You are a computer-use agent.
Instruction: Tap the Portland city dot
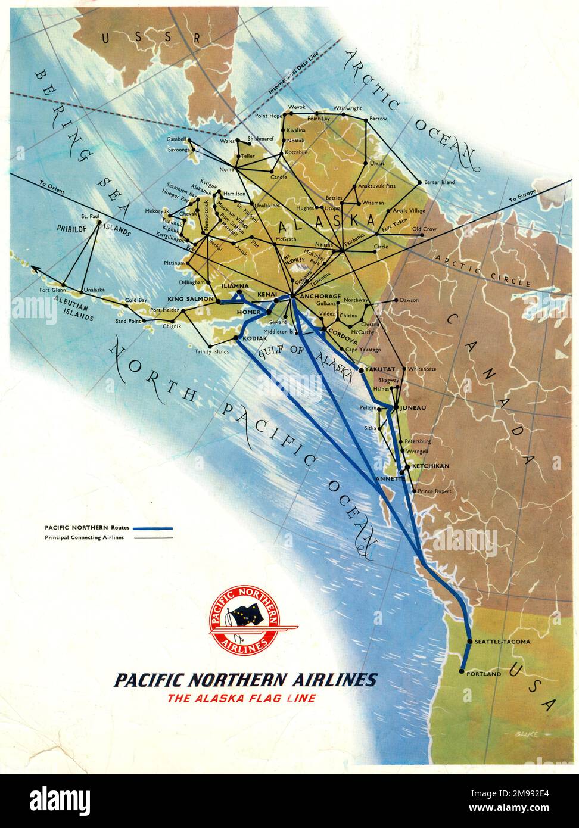point(462,671)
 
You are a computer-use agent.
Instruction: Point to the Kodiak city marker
point(238,339)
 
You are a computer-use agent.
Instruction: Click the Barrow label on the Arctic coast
point(378,119)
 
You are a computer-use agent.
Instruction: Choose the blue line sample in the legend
point(152,528)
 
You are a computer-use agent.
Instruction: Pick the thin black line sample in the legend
point(152,538)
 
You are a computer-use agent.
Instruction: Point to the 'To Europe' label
point(523,196)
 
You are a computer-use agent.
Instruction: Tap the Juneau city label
point(414,408)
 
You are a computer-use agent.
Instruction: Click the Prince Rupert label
point(434,491)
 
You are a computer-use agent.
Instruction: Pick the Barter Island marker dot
point(420,182)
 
